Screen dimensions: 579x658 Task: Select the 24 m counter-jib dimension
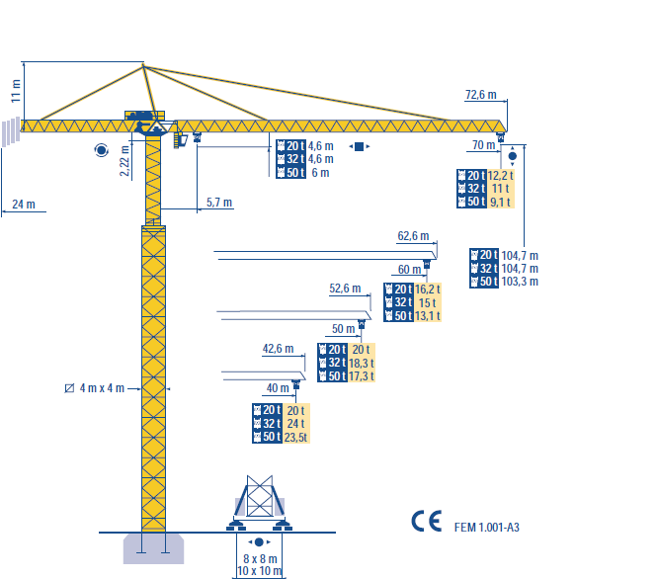24,205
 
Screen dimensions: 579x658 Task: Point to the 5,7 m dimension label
219,203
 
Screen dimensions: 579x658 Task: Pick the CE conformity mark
426,523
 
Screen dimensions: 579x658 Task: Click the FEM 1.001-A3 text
487,528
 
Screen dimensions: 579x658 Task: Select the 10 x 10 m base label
259,571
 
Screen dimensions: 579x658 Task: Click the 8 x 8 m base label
259,558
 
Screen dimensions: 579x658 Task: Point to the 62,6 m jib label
413,237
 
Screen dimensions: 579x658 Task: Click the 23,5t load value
295,438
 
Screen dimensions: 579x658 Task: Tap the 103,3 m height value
520,283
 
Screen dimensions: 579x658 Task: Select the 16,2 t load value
428,289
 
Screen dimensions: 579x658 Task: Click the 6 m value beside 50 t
320,173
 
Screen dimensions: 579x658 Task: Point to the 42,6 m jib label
279,349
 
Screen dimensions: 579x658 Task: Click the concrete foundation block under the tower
153,547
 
